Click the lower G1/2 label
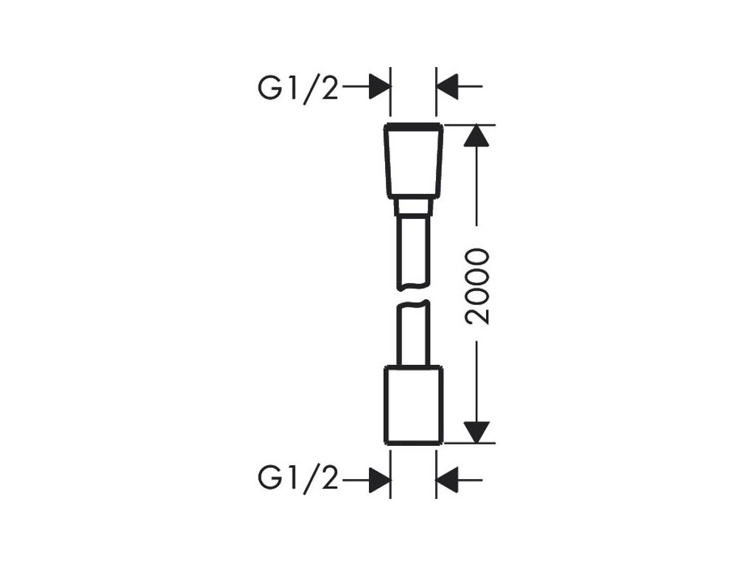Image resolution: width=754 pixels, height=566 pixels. click(x=297, y=480)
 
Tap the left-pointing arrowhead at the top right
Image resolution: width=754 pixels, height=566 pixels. click(x=447, y=86)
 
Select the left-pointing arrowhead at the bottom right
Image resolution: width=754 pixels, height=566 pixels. click(x=447, y=480)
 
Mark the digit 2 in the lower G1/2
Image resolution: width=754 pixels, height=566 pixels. click(x=328, y=480)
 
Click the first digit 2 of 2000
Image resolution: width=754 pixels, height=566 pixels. click(x=479, y=315)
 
